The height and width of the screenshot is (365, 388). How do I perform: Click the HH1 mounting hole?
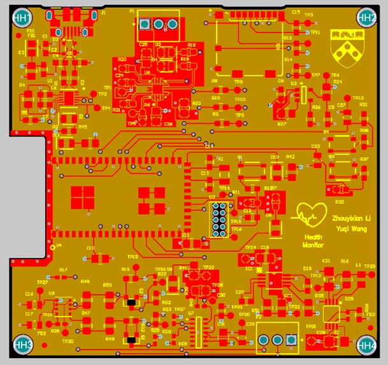coord(22,18)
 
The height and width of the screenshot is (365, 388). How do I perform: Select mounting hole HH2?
coord(367,18)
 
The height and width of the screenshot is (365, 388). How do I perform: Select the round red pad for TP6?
coord(325,76)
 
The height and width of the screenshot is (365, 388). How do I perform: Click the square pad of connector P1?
coord(144,25)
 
